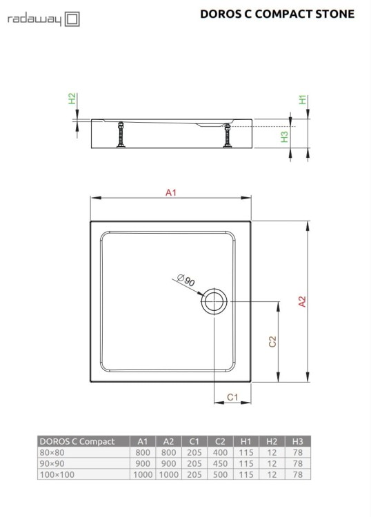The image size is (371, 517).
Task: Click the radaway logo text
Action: coord(34,21)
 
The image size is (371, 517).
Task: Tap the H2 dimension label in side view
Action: coord(73,100)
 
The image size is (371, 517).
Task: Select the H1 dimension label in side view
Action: coord(302,100)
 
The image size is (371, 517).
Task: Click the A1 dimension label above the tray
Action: coord(171,194)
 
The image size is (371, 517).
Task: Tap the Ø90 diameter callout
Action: coord(186,282)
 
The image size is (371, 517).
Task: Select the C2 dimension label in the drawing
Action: coord(272,341)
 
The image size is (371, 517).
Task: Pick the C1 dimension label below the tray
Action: coord(232,397)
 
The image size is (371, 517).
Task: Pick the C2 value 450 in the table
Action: coord(220,463)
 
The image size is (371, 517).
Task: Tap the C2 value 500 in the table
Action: coord(220,474)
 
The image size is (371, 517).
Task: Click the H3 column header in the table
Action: coord(298,441)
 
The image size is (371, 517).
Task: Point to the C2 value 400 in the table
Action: coord(220,452)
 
